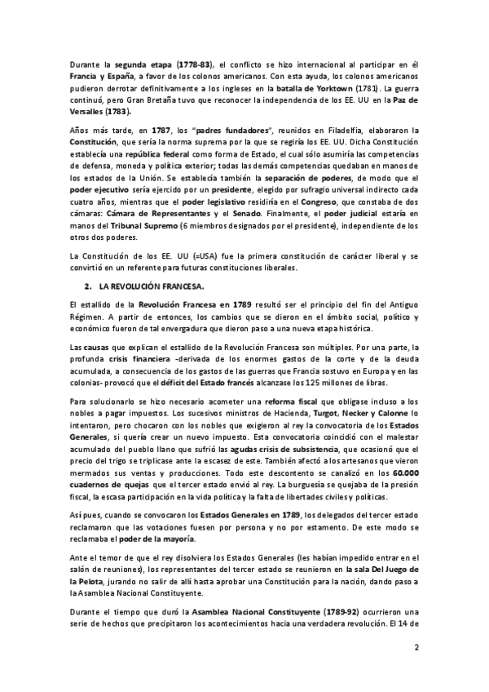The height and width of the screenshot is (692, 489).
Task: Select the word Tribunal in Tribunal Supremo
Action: click(x=104, y=215)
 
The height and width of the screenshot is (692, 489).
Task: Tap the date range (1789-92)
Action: click(x=279, y=610)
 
